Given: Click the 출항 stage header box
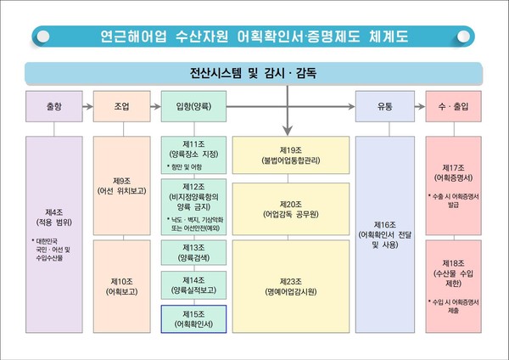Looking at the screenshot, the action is (x=54, y=107).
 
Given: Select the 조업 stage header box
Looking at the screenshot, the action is (x=121, y=107).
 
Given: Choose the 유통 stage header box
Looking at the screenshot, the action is (x=384, y=107).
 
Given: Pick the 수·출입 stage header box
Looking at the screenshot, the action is (x=453, y=107).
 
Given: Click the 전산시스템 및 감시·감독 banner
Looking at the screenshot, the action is (x=255, y=73).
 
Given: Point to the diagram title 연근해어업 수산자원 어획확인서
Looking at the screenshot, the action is (x=255, y=37).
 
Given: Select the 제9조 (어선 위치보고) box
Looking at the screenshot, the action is (x=121, y=186).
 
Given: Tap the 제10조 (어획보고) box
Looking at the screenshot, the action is (x=121, y=284).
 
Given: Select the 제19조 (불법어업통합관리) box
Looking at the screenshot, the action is (x=291, y=154).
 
